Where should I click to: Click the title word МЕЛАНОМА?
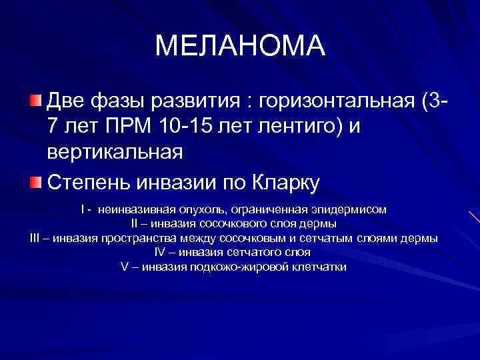click(240, 45)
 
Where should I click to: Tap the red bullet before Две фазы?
click(35, 101)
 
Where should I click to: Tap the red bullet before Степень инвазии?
click(35, 182)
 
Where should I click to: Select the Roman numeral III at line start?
click(37, 239)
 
